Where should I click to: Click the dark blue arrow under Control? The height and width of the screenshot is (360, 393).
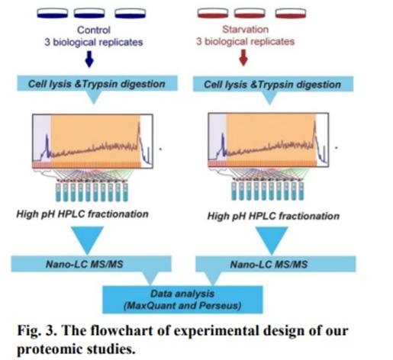click(89, 59)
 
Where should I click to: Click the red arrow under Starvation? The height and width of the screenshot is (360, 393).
click(243, 58)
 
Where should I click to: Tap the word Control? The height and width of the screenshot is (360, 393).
click(94, 30)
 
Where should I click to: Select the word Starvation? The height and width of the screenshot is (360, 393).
click(245, 29)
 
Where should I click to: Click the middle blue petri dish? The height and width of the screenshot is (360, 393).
click(89, 13)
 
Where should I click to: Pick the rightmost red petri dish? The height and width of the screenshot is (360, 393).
click(291, 13)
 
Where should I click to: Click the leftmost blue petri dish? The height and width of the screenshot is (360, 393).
click(53, 13)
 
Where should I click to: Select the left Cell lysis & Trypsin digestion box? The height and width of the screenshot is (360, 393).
click(97, 83)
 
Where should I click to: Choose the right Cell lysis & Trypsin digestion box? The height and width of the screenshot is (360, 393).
click(273, 84)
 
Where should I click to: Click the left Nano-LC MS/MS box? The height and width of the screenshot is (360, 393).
click(91, 264)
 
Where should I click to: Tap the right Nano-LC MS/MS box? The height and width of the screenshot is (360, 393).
click(275, 264)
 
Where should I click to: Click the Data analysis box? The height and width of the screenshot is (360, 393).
click(182, 300)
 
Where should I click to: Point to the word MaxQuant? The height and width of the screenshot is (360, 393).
click(154, 305)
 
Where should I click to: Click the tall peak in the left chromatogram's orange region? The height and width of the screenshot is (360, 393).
click(139, 132)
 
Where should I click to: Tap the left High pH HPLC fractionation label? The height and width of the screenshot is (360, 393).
click(82, 214)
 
